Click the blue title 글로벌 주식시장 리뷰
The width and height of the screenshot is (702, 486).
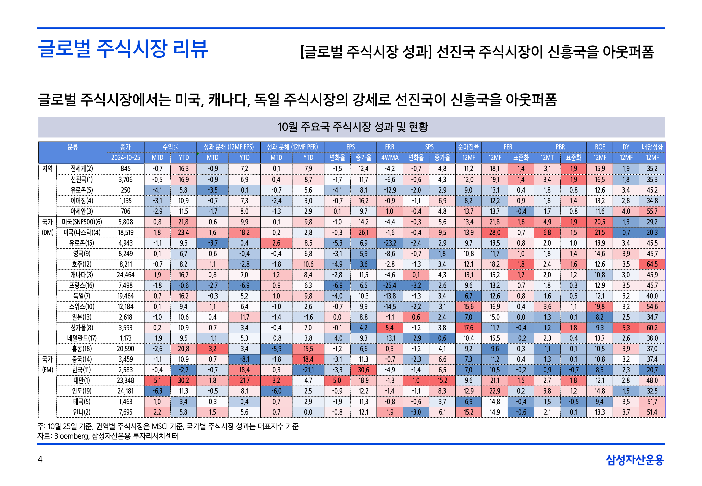point(123,49)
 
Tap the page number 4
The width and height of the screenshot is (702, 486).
point(40,459)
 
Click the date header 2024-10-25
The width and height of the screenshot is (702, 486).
point(125,158)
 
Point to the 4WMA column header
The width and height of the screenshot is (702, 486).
point(390,158)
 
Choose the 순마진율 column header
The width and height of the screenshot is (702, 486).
point(468,147)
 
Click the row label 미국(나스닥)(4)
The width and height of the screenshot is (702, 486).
point(82,233)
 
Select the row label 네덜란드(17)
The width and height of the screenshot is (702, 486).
point(82,338)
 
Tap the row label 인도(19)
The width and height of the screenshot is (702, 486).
point(82,391)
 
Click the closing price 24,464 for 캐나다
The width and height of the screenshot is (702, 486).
point(125,275)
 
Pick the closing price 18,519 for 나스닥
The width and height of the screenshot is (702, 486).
point(125,233)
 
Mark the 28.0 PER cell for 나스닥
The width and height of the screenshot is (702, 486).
point(494,233)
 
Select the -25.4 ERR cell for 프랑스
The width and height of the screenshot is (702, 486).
point(390,286)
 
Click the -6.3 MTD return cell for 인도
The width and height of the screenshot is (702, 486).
point(157,391)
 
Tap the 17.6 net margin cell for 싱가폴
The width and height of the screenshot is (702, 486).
point(468,328)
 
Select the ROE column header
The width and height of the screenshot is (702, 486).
point(600,147)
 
